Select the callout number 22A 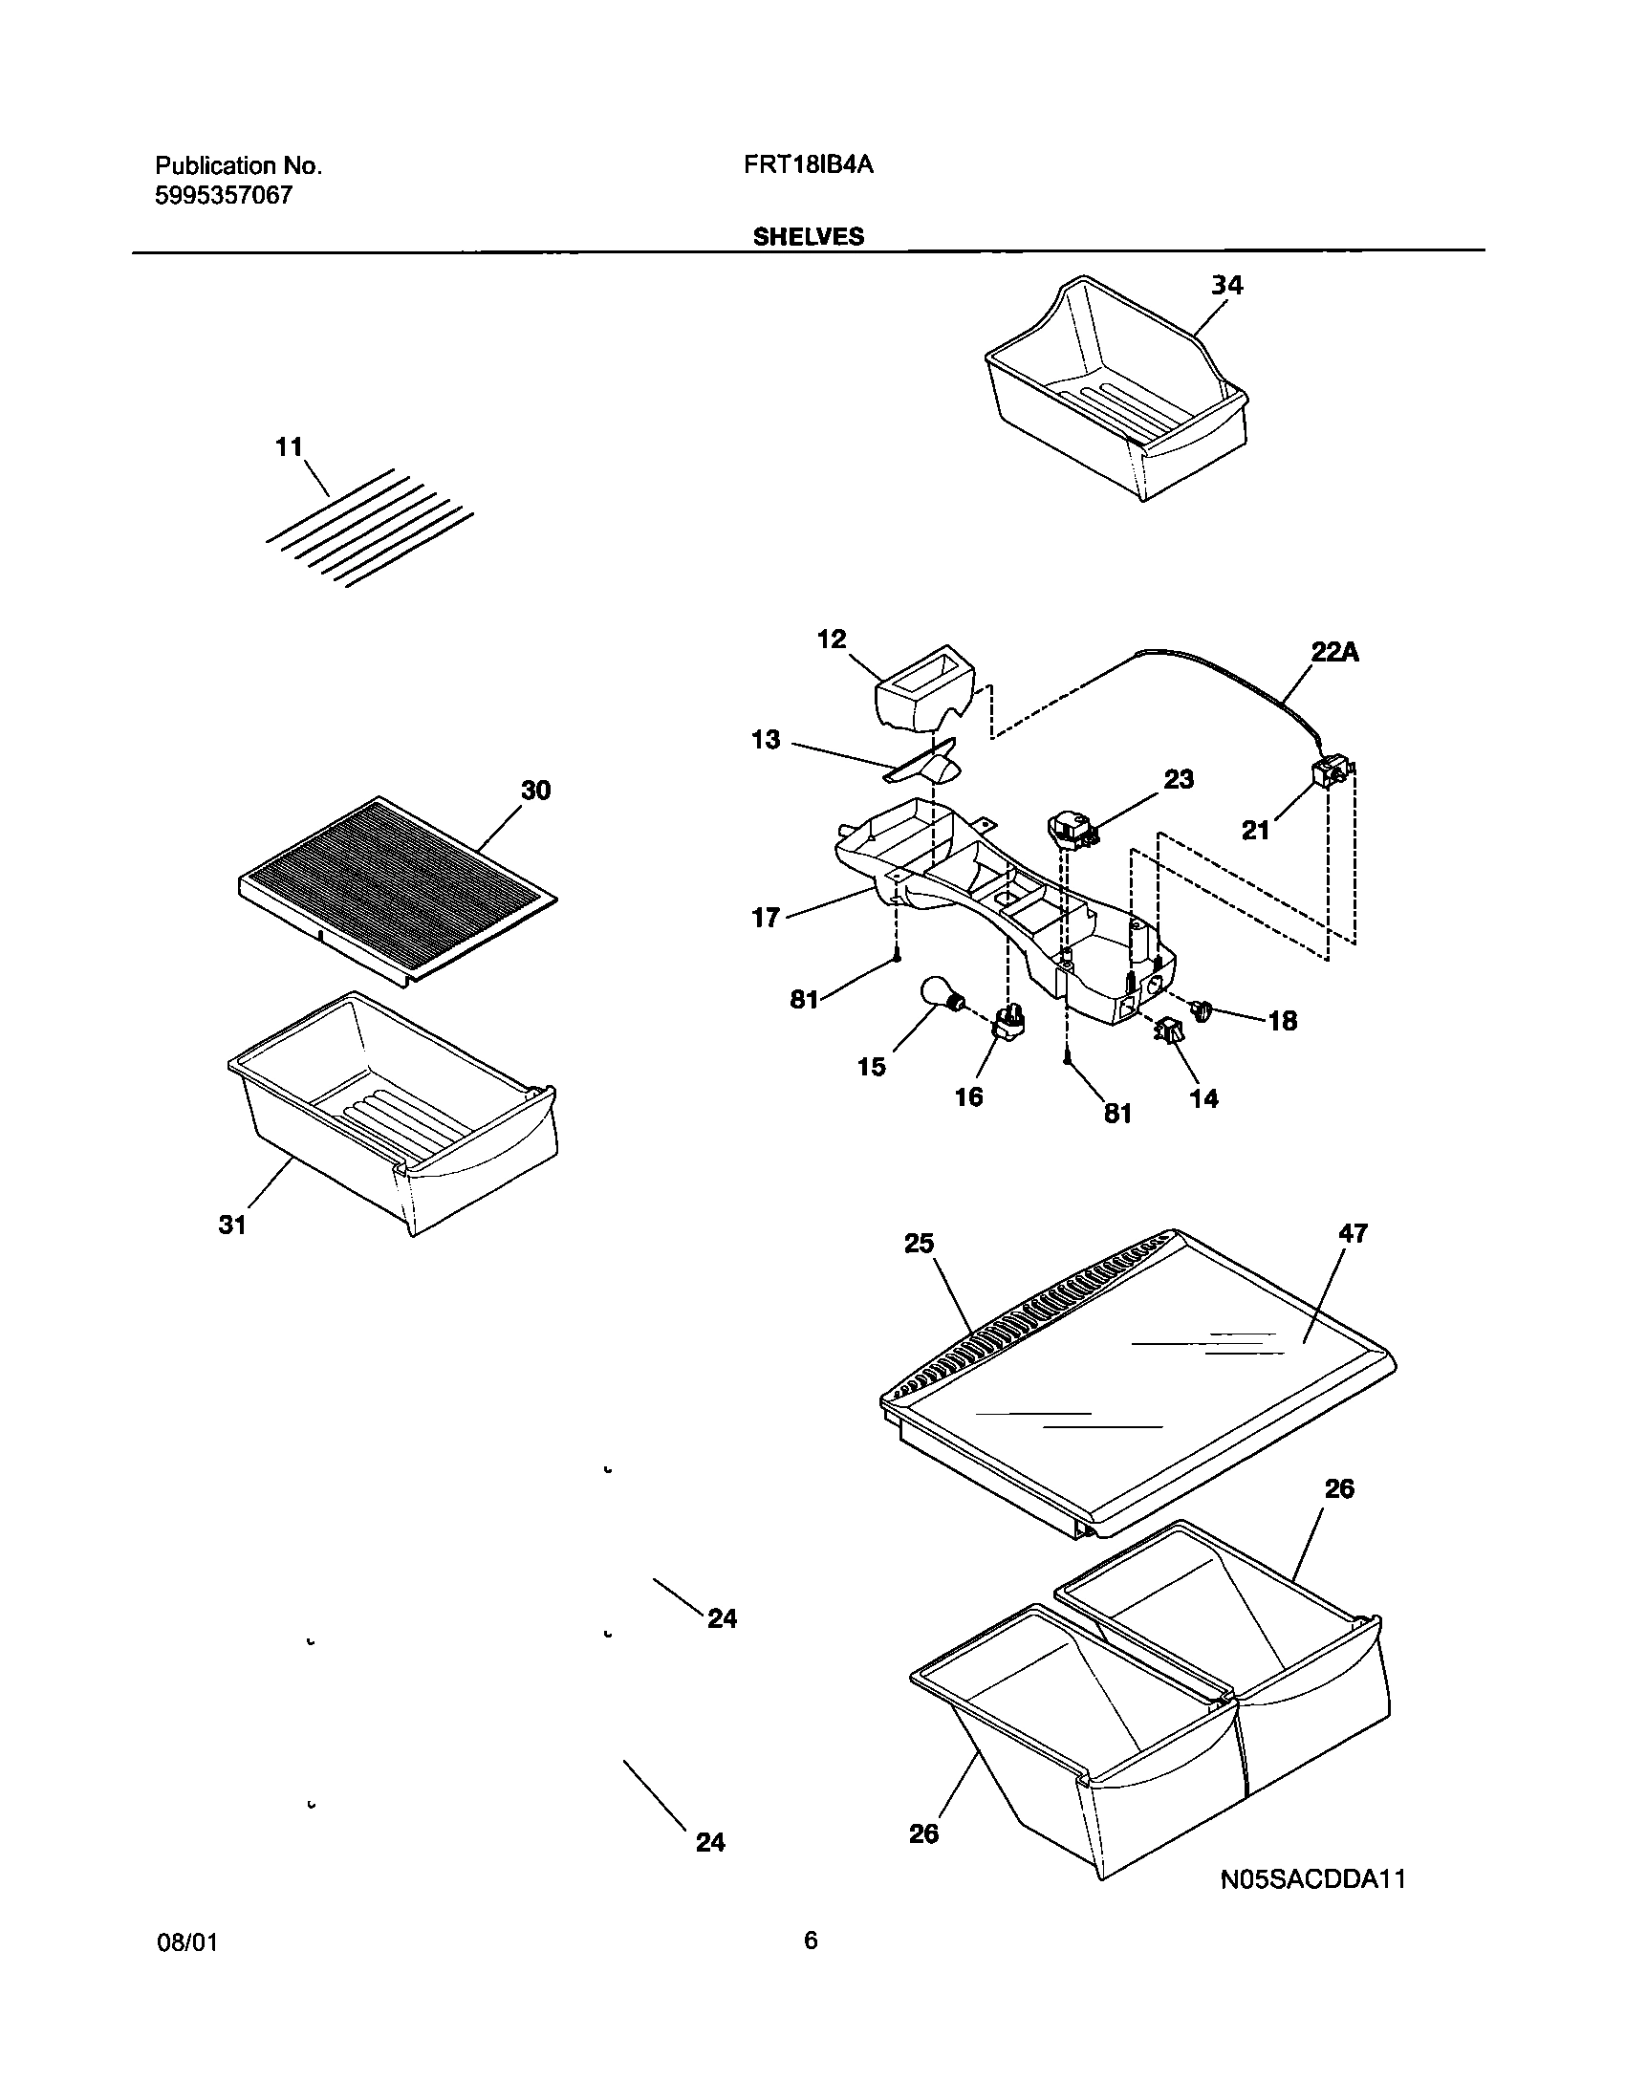pyautogui.click(x=1334, y=653)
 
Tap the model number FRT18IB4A pyautogui.click(x=809, y=164)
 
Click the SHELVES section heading pyautogui.click(x=808, y=237)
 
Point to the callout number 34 pyautogui.click(x=1227, y=285)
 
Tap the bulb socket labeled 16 pyautogui.click(x=1010, y=1025)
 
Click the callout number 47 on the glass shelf pyautogui.click(x=1354, y=1233)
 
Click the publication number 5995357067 pyautogui.click(x=224, y=197)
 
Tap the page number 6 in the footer pyautogui.click(x=811, y=1941)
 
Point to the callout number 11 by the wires pyautogui.click(x=289, y=446)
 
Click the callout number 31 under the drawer pyautogui.click(x=233, y=1225)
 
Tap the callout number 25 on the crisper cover pyautogui.click(x=919, y=1244)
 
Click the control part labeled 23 pyautogui.click(x=1071, y=828)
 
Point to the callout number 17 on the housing pyautogui.click(x=767, y=920)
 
